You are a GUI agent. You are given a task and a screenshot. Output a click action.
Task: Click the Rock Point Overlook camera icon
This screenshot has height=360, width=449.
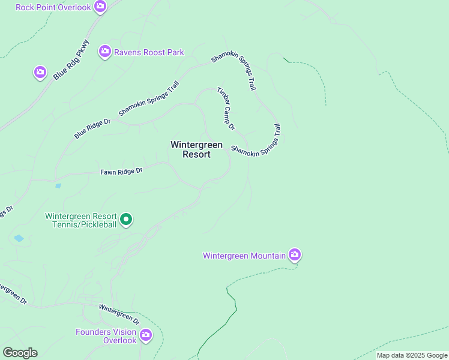coord(100,7)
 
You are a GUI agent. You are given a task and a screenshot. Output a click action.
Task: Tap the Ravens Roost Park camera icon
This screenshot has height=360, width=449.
coord(105,52)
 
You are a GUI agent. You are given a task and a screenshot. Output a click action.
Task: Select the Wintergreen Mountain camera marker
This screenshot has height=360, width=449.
coord(294,255)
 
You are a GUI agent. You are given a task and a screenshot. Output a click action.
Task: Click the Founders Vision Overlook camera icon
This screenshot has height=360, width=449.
coord(146,335)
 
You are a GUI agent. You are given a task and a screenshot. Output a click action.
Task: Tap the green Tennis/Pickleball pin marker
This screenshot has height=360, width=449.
coord(126,220)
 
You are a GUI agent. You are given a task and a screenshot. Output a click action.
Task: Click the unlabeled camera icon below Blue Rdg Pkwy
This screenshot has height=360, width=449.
coord(40,73)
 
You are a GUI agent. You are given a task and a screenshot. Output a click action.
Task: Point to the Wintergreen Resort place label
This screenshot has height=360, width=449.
coord(196,149)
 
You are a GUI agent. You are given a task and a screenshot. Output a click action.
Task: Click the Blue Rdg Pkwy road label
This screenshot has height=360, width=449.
coord(71,60)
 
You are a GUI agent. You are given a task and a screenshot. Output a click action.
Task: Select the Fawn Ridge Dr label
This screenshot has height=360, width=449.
coord(121,172)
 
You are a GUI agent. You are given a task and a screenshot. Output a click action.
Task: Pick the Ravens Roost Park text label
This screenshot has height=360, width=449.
coord(149,52)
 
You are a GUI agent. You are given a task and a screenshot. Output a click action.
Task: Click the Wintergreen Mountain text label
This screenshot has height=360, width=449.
coord(244,256)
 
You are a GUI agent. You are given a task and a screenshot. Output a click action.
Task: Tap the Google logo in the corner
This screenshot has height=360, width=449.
coord(20,353)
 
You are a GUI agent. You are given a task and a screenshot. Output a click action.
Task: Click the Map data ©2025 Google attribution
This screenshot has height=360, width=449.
coord(412,355)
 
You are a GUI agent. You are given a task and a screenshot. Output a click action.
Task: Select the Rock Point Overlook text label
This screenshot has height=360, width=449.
coord(53,7)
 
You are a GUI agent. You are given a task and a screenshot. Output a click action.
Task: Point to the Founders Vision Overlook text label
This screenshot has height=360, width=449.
coord(106,336)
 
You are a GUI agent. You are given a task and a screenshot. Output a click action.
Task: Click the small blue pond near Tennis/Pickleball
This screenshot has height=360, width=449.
coord(19,238)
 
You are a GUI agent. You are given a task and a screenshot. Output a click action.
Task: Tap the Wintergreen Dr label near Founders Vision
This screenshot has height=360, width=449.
coord(119,314)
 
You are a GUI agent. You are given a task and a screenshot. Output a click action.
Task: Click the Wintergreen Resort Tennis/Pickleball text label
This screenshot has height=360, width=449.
coord(81,220)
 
